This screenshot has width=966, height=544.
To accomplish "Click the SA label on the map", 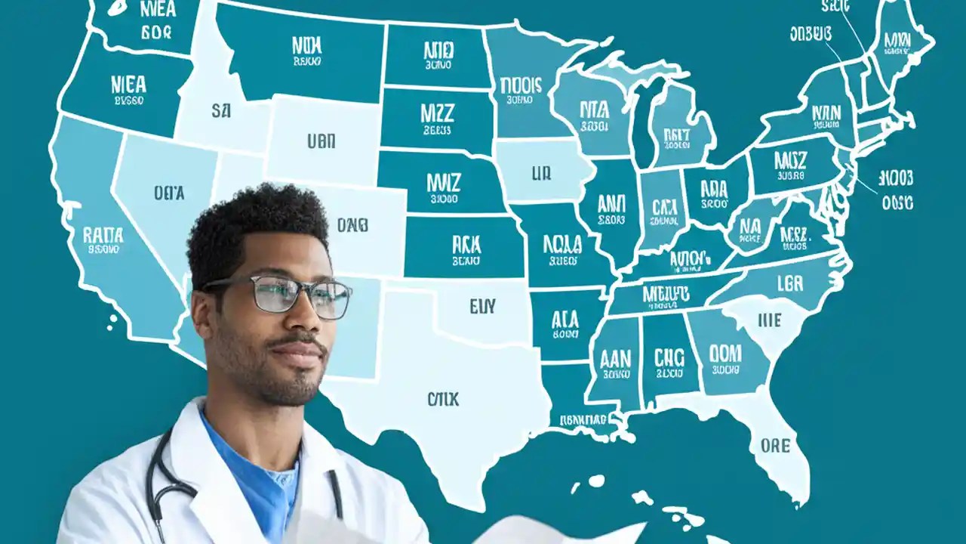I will [x=220, y=112].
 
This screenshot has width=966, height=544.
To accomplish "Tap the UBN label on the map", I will [x=321, y=141].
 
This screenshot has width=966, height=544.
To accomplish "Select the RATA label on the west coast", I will [x=103, y=236].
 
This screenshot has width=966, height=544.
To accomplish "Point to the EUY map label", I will [x=482, y=306].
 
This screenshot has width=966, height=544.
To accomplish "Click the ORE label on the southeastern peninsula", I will [x=776, y=446].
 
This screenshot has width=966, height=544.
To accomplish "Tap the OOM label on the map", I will [x=725, y=353].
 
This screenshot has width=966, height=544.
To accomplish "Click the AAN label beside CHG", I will [x=615, y=358].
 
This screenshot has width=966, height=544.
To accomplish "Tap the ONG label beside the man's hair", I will [x=352, y=224].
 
